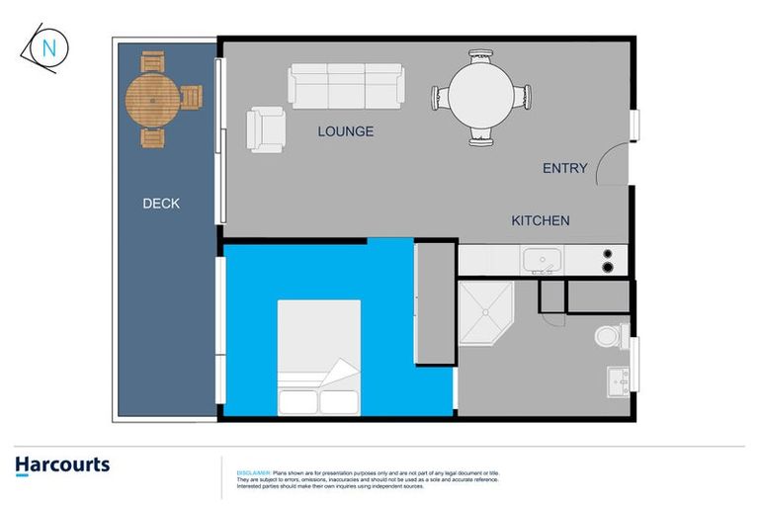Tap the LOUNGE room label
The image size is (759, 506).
tap(345, 131)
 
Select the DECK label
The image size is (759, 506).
tap(161, 204)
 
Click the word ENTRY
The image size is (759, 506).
tap(564, 168)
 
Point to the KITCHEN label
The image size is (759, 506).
tap(540, 220)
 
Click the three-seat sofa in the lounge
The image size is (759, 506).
tap(346, 85)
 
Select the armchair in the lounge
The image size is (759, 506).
tap(266, 129)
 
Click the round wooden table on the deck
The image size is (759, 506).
tap(153, 98)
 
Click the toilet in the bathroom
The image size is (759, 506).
tap(610, 335)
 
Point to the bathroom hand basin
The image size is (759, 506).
tap(619, 380)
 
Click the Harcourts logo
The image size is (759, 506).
tap(62, 465)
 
